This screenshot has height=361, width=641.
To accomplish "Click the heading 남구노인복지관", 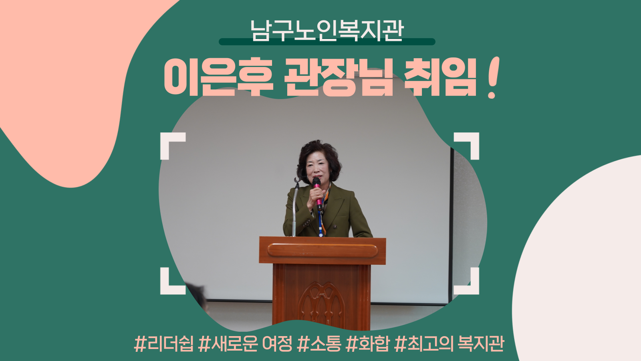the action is point(327,30).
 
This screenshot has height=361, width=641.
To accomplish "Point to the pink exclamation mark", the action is point(493,78).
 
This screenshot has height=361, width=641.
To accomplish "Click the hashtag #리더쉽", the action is point(164,343).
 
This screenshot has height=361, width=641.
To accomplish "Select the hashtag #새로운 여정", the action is point(245,343).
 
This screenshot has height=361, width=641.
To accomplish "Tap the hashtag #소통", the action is point(319,343).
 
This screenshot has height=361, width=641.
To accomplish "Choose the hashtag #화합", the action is point(368,343).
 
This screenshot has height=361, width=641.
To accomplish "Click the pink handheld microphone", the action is point(317,194).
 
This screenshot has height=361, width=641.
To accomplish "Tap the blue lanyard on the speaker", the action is point(320,221).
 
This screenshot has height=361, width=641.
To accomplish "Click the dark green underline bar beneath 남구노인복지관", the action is point(327,42).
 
